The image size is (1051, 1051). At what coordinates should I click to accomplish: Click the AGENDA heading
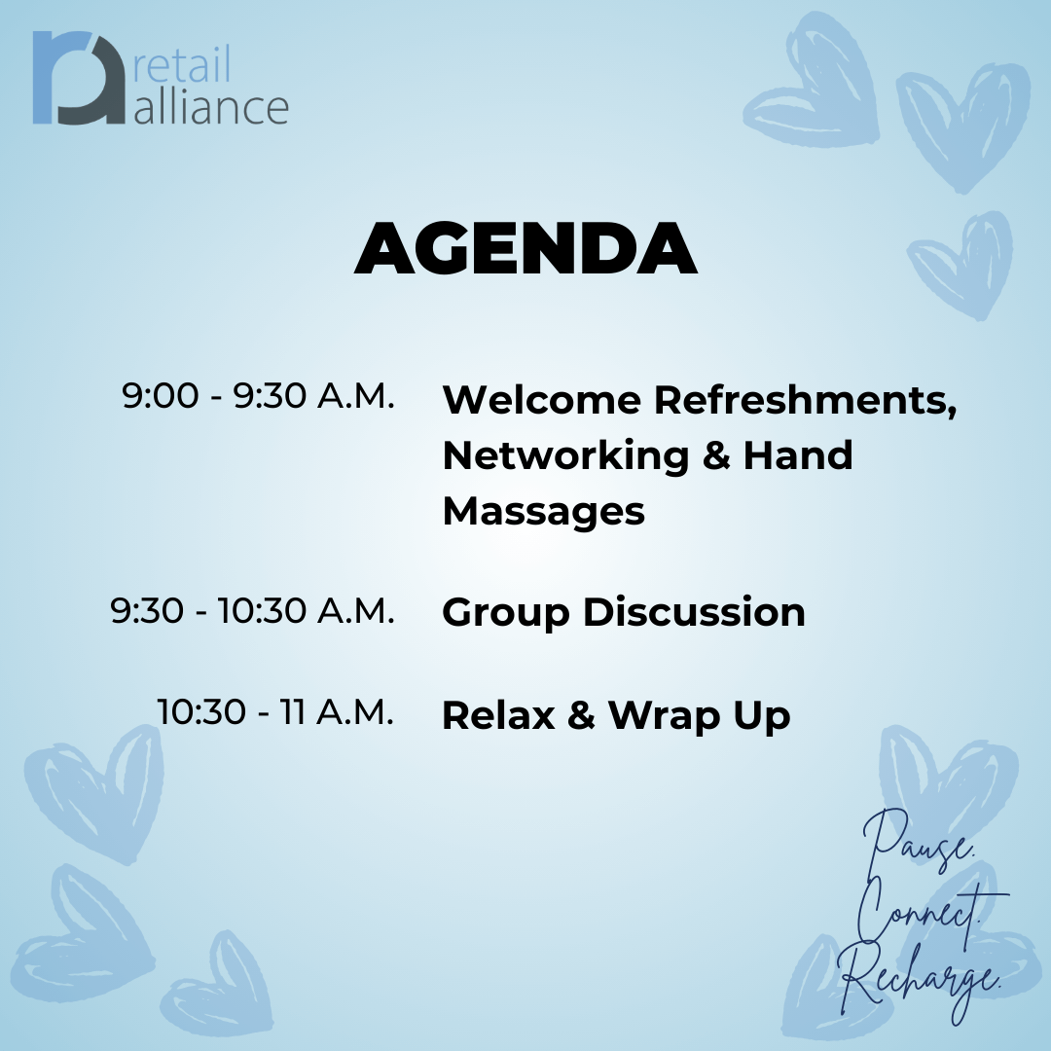[x=525, y=248]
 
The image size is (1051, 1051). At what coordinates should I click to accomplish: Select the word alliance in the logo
[x=211, y=107]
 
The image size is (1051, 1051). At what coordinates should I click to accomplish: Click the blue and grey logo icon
[x=79, y=78]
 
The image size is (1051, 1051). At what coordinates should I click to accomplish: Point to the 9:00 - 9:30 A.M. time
[x=258, y=395]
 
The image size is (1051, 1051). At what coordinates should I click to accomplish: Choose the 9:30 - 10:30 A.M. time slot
[x=252, y=610]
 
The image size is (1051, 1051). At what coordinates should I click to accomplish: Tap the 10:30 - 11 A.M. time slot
[x=274, y=711]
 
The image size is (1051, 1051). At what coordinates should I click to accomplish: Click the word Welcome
[x=542, y=400]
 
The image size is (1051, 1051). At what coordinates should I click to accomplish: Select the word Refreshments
[x=805, y=401]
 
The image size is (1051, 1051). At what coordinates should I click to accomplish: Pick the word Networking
[x=565, y=457]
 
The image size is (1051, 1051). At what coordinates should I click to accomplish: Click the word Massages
[x=544, y=513]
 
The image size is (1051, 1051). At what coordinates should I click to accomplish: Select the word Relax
[x=498, y=715]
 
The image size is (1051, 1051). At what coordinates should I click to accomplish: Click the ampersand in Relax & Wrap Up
[x=581, y=715]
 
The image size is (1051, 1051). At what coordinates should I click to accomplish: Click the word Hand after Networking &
[x=798, y=455]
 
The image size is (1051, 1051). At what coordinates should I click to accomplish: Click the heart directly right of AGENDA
[x=961, y=264]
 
